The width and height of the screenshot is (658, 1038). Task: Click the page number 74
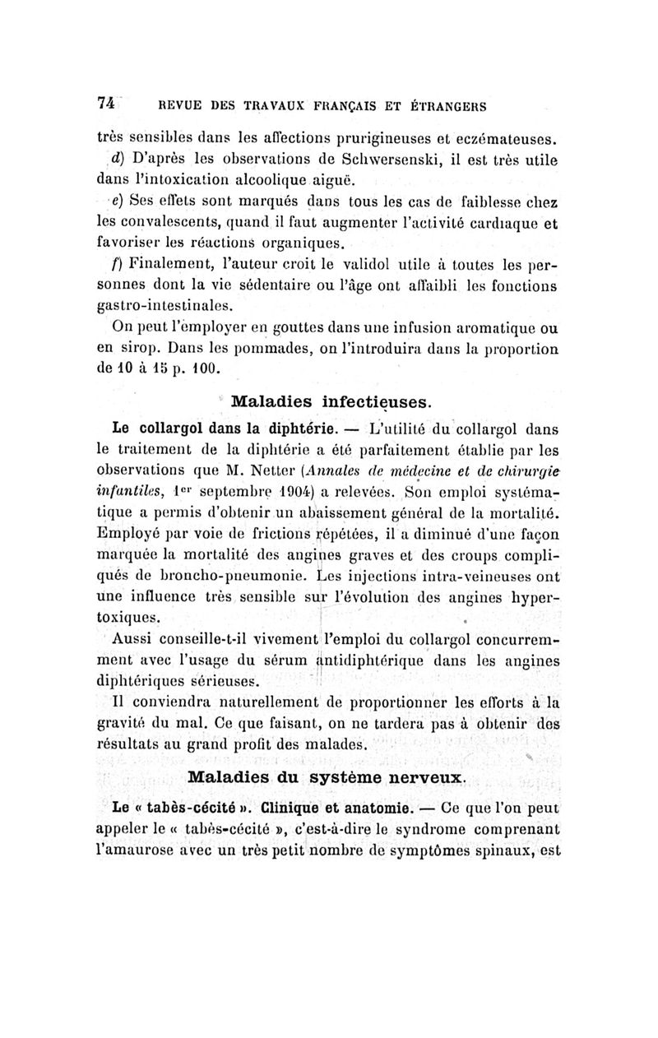click(104, 104)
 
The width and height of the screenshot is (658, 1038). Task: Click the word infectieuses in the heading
click(368, 403)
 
